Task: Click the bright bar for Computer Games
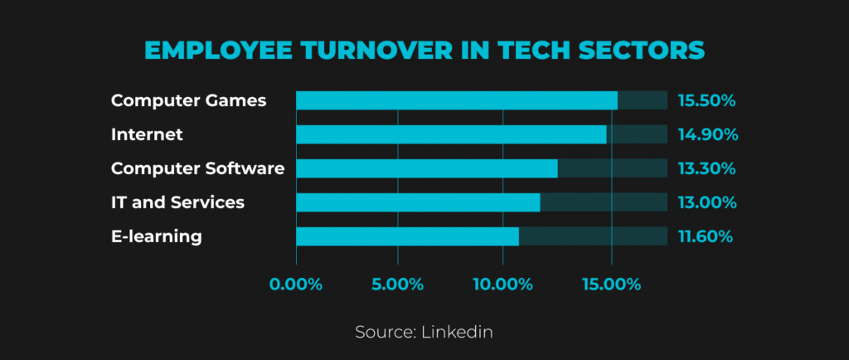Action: pyautogui.click(x=457, y=100)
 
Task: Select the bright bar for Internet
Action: pyautogui.click(x=451, y=134)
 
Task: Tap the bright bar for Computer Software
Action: pyautogui.click(x=427, y=168)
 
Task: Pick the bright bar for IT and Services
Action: pyautogui.click(x=418, y=202)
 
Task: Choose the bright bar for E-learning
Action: pyautogui.click(x=407, y=236)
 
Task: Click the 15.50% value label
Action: pyautogui.click(x=706, y=100)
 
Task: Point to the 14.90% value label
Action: pyautogui.click(x=708, y=135)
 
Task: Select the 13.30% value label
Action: pyautogui.click(x=706, y=168)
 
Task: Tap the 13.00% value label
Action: pyautogui.click(x=707, y=202)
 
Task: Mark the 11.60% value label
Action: pyautogui.click(x=706, y=236)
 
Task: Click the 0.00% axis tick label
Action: pyautogui.click(x=296, y=285)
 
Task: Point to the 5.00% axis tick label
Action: pyautogui.click(x=397, y=285)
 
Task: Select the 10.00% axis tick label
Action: pyautogui.click(x=503, y=285)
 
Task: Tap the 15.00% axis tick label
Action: pyautogui.click(x=611, y=285)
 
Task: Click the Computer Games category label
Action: pyautogui.click(x=188, y=100)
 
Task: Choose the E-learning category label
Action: pyautogui.click(x=157, y=237)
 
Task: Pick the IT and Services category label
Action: pyautogui.click(x=177, y=202)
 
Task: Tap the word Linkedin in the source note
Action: pyautogui.click(x=457, y=332)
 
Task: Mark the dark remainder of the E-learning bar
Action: pyautogui.click(x=593, y=236)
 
